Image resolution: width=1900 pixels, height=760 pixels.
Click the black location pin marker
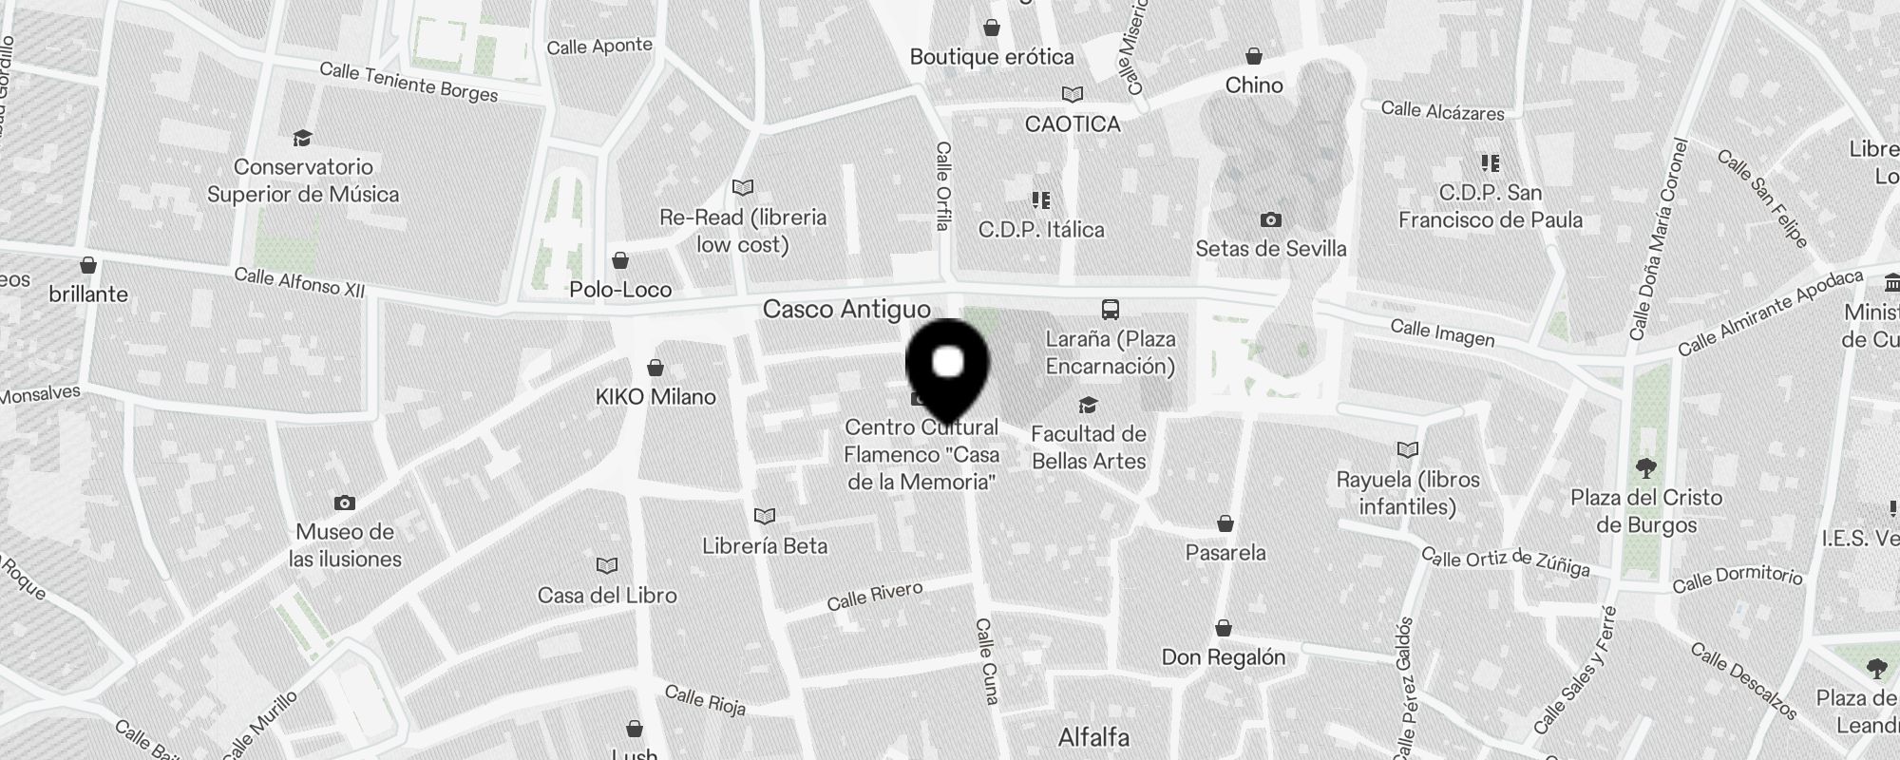point(948,367)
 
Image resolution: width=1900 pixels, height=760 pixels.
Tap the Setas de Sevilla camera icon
point(1270,220)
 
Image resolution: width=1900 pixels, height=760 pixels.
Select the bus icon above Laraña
point(1110,309)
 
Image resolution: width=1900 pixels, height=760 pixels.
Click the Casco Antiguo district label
point(846,309)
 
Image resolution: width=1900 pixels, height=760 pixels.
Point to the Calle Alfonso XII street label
point(299,282)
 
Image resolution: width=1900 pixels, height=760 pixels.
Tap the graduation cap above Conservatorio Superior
point(302,139)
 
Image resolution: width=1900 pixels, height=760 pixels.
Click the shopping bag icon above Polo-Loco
point(620,260)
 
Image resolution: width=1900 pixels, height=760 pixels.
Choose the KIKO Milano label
point(655,396)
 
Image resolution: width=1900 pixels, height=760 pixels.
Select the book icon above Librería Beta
point(765,517)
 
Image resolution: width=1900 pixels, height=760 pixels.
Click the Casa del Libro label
point(607,596)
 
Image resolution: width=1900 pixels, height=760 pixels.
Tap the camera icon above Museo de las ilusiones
point(345,503)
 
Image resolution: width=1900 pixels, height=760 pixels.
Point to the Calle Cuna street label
point(986,661)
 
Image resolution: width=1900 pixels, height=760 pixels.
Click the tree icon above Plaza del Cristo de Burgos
point(1645,468)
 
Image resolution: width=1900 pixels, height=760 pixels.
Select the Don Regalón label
point(1224,656)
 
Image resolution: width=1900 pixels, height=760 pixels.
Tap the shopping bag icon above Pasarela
point(1225,524)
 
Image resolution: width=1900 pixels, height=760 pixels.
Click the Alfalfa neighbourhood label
point(1093,737)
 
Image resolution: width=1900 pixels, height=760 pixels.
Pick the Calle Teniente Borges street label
point(408,82)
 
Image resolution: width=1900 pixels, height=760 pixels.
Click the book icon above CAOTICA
point(1073,95)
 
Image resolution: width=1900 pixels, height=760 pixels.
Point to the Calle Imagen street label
point(1442,333)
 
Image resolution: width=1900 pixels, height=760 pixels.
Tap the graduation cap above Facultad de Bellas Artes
point(1089,406)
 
